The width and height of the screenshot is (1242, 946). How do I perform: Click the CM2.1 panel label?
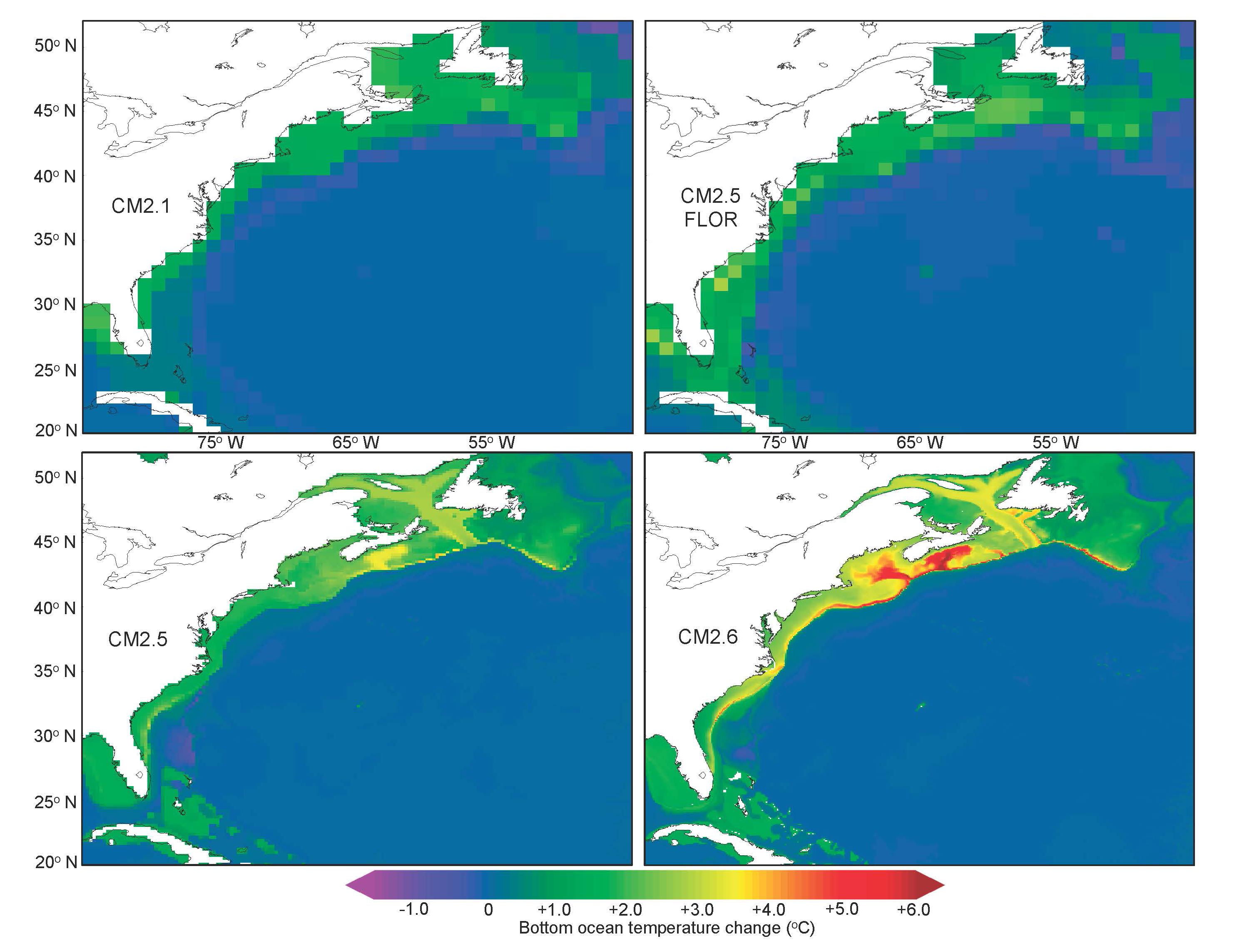141,206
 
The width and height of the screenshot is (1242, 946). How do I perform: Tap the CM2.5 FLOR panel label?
711,207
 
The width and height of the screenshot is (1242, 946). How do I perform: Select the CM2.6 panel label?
708,637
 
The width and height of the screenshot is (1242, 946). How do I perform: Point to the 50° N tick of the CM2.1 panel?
55,45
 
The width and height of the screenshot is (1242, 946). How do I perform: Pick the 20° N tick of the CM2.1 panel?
56,430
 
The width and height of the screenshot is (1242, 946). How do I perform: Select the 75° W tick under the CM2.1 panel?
220,443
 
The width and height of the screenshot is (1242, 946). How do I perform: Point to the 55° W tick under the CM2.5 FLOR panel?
1055,443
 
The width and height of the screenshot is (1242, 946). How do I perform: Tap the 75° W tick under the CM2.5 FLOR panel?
785,443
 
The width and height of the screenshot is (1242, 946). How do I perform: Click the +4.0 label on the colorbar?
769,909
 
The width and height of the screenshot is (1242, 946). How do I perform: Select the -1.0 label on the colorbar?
413,909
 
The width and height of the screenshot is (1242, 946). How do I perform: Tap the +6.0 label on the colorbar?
913,909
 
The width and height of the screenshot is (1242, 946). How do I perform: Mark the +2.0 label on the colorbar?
625,909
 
